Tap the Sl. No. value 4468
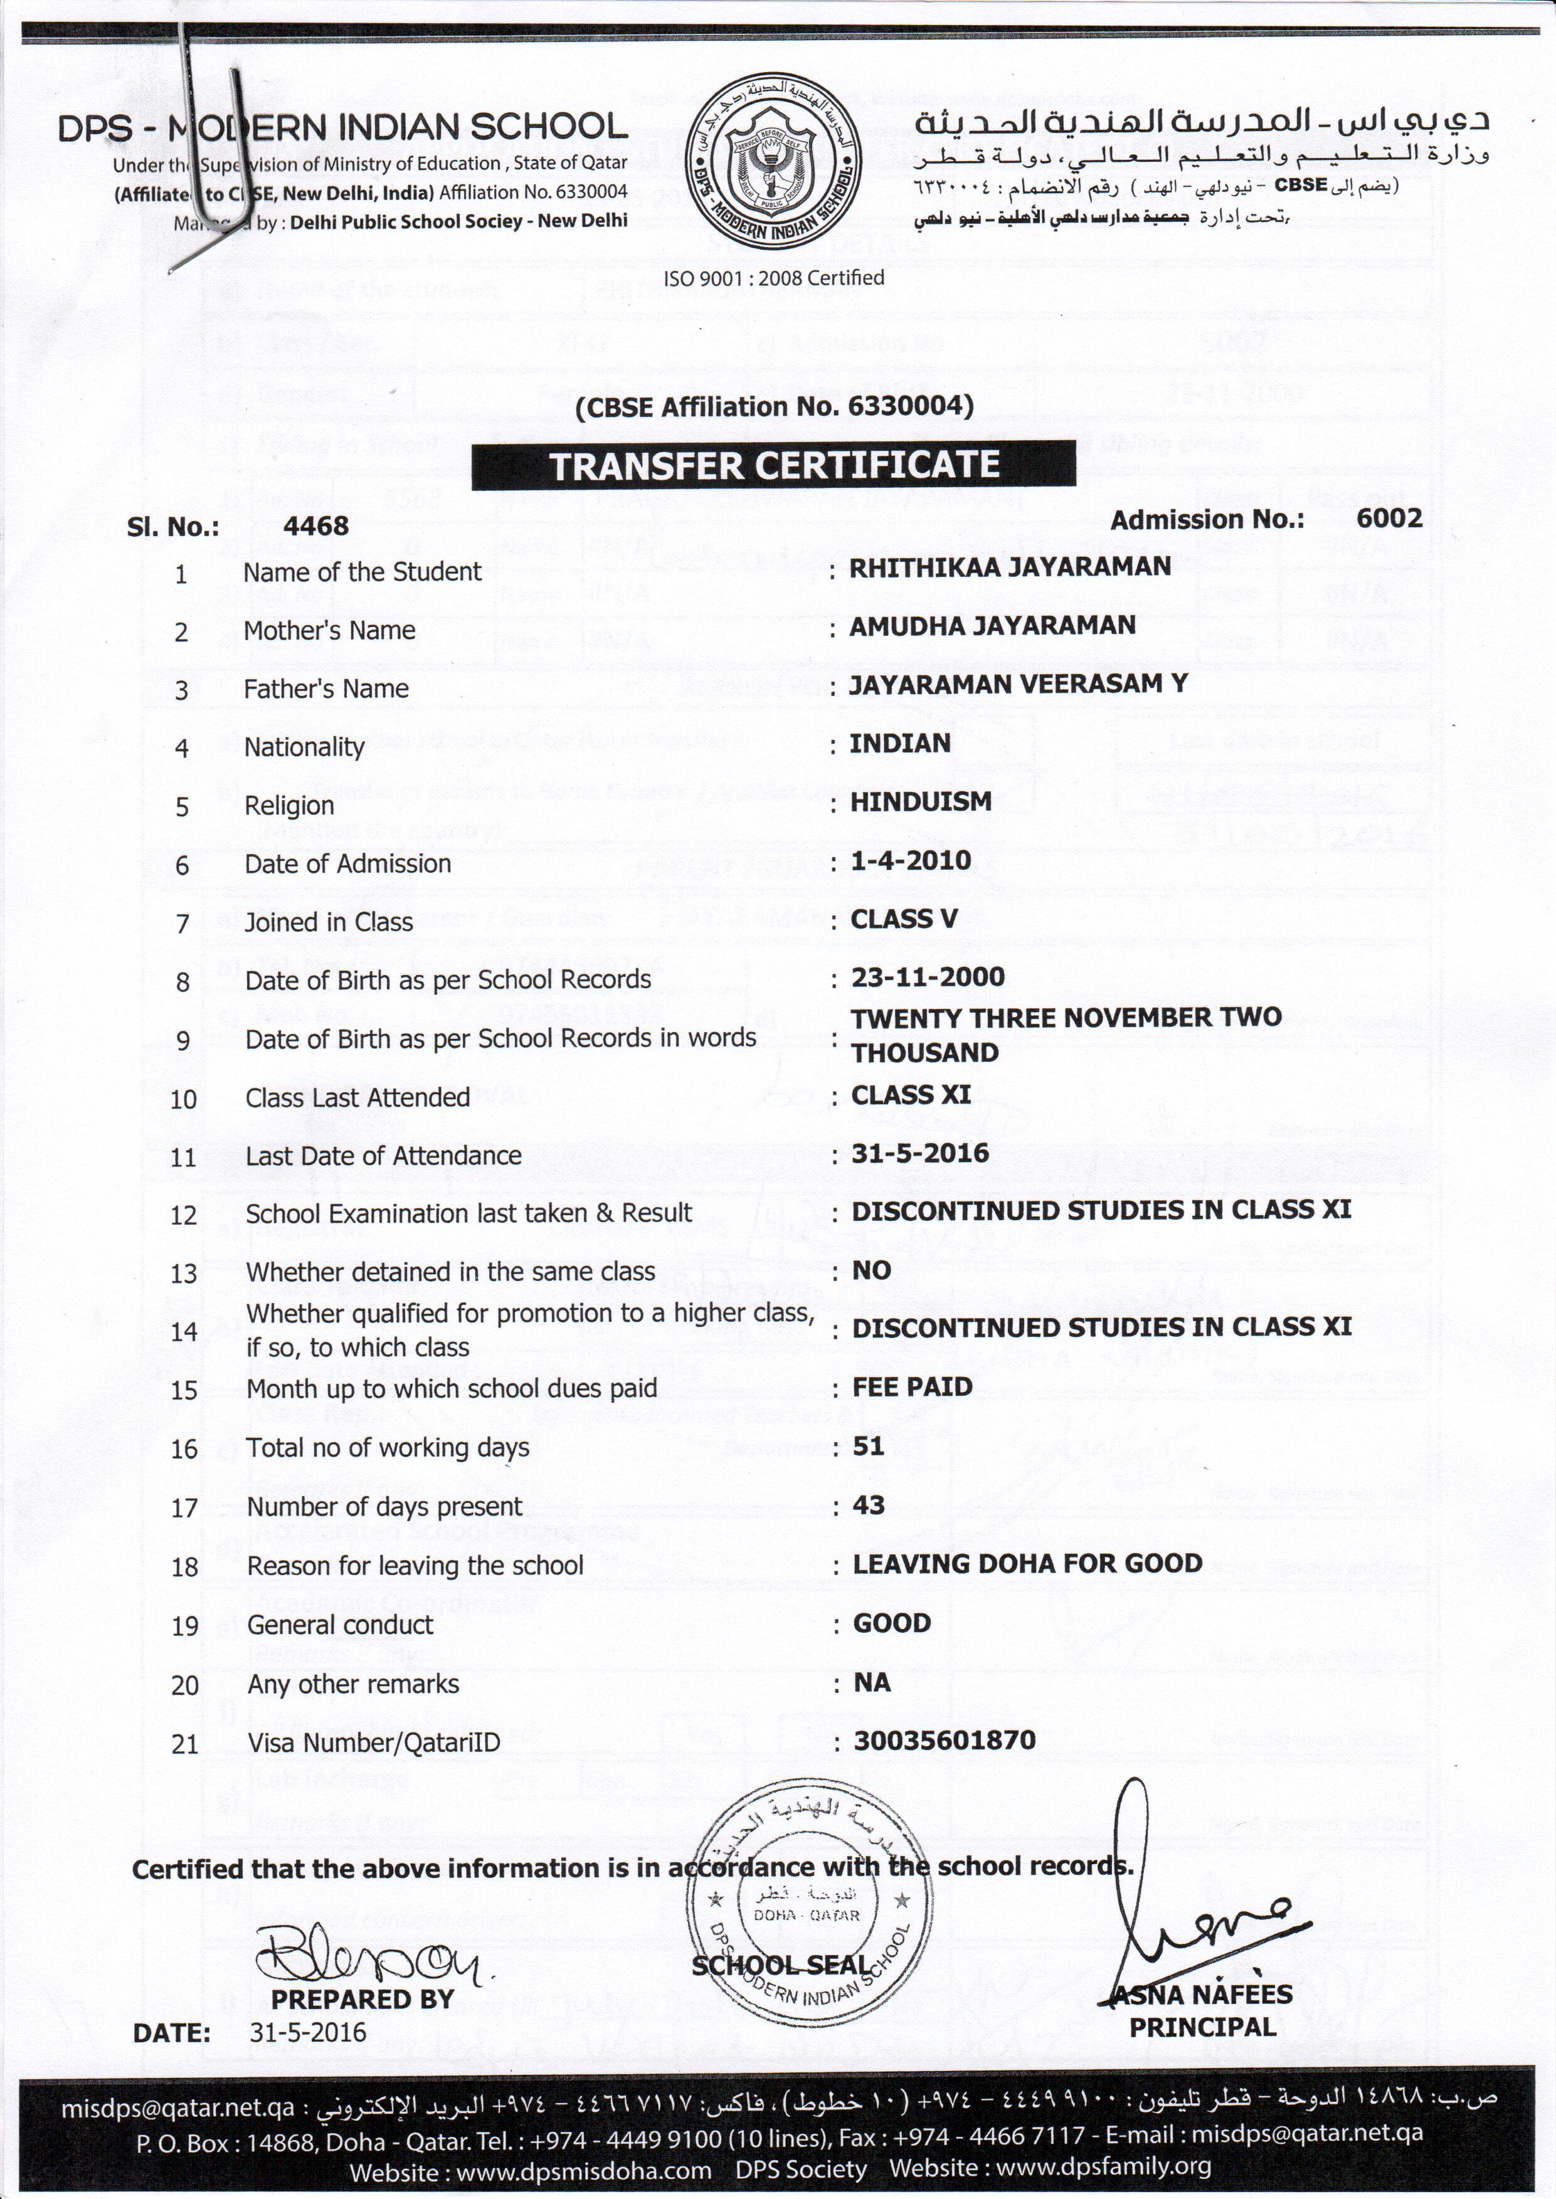(316, 526)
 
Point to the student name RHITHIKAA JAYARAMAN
(1010, 567)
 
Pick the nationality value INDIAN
(900, 742)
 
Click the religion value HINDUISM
(921, 801)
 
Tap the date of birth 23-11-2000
(928, 977)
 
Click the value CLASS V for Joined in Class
(904, 919)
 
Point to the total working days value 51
(869, 1445)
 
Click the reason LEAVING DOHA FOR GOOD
(1027, 1563)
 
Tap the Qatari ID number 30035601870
(945, 1739)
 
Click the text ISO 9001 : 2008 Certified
(774, 278)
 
